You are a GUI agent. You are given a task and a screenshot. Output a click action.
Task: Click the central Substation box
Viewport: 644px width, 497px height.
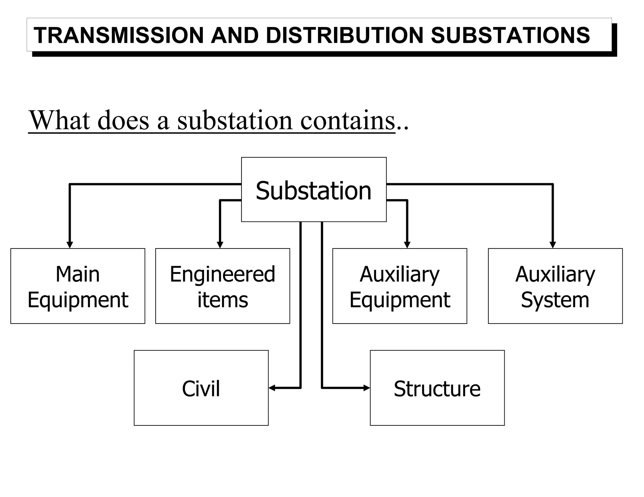(x=314, y=190)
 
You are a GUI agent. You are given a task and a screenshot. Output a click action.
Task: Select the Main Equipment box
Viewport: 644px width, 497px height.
(x=78, y=286)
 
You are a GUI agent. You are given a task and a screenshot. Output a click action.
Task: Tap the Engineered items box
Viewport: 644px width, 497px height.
(x=222, y=286)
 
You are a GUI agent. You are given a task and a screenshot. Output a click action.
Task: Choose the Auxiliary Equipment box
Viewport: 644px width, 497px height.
(x=399, y=286)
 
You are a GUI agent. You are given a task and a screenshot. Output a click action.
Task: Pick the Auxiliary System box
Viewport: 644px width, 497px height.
(x=555, y=286)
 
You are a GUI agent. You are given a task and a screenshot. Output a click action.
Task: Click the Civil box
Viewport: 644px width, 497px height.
(x=201, y=388)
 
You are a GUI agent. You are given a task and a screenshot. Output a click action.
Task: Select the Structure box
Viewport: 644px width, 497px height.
(x=437, y=388)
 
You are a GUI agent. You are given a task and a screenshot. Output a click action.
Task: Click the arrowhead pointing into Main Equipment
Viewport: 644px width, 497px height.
(x=70, y=245)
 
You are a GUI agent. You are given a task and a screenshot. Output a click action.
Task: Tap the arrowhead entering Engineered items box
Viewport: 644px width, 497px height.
(x=220, y=245)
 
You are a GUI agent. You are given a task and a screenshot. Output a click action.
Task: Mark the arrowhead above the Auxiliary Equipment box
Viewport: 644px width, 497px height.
(x=407, y=245)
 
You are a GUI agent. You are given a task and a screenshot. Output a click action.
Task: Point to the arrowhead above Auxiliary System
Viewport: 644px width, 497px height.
(x=553, y=245)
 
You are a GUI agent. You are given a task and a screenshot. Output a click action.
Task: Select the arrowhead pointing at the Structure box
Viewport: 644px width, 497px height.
(x=366, y=388)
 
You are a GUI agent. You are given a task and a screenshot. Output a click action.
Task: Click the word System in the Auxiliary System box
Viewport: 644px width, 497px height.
(x=555, y=300)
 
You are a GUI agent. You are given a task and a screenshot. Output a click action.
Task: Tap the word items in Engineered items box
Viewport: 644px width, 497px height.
(x=223, y=300)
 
